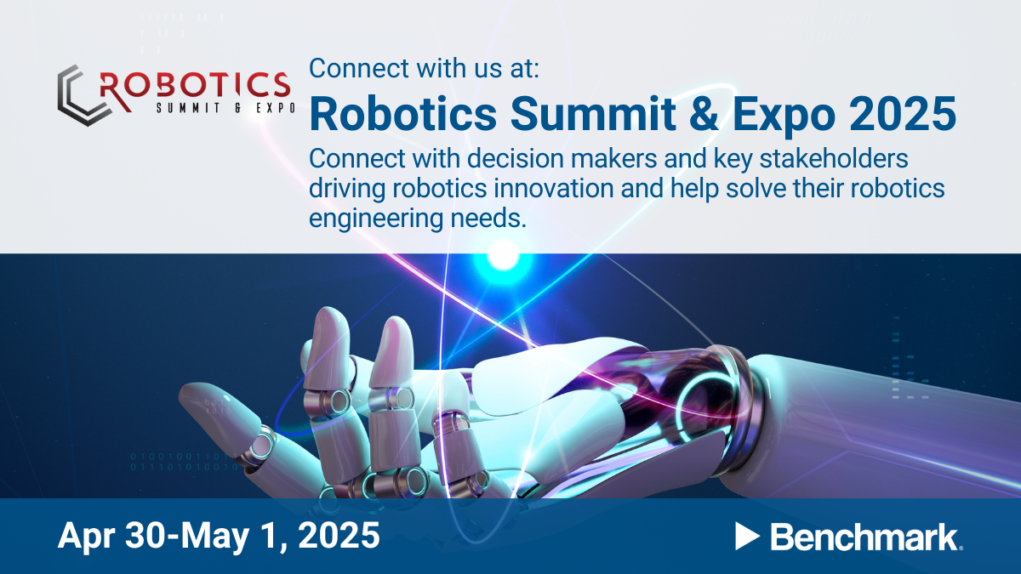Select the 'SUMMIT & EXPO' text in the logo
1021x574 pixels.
tap(225, 108)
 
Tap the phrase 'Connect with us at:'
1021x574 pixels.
tap(424, 69)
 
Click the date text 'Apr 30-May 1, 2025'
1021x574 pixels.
tap(219, 536)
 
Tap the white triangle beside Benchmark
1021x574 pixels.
tap(746, 536)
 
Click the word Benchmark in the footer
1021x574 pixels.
tap(865, 537)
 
